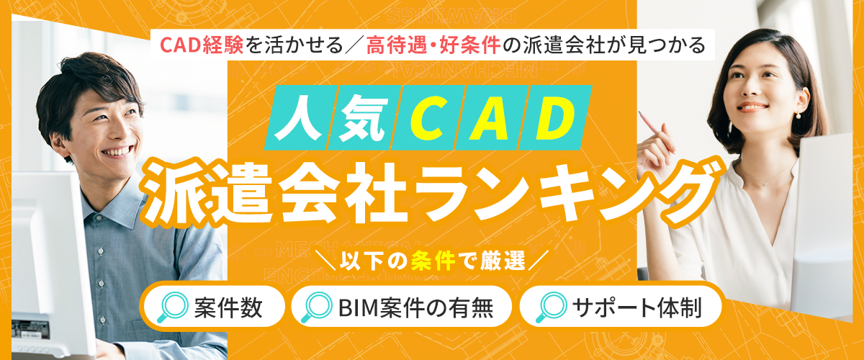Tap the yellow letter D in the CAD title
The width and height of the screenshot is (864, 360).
[x=554, y=117]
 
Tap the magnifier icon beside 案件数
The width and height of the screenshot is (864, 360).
[x=173, y=307]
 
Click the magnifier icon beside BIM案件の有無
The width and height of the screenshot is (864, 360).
[x=317, y=307]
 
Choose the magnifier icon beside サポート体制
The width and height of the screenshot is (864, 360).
[x=552, y=307]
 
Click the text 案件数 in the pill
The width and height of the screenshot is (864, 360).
[x=228, y=308]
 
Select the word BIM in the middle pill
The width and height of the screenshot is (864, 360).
[x=359, y=308]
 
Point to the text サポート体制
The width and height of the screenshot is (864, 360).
[x=636, y=308]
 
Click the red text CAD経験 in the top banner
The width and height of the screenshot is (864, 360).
[x=202, y=45]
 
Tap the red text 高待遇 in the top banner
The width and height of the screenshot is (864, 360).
[x=396, y=45]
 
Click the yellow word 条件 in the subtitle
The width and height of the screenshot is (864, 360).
[x=433, y=261]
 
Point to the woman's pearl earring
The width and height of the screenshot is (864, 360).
[x=796, y=115]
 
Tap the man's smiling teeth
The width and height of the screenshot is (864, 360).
[x=117, y=151]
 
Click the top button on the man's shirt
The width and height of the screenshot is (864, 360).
[x=101, y=251]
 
